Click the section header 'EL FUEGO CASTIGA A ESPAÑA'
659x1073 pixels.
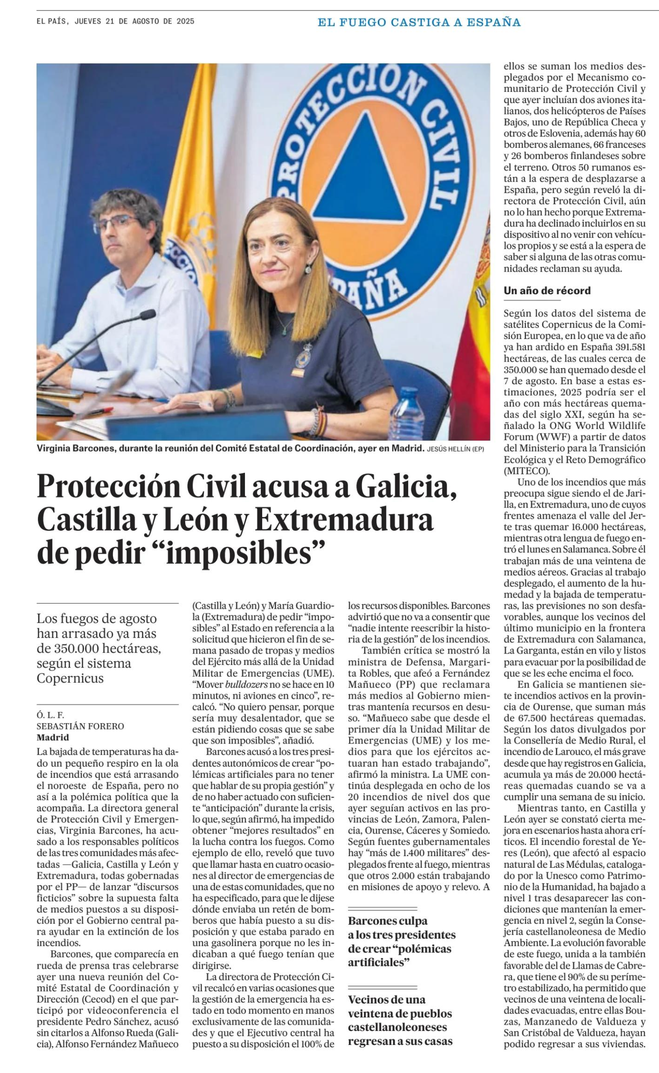(419, 22)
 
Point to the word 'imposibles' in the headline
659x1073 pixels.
(245, 553)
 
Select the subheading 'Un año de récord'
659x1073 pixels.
(547, 291)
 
